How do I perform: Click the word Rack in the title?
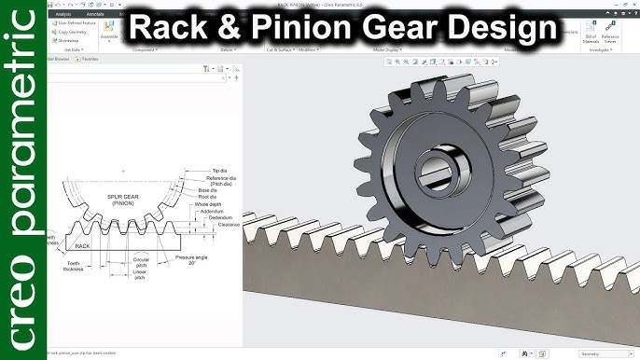coord(169,28)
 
